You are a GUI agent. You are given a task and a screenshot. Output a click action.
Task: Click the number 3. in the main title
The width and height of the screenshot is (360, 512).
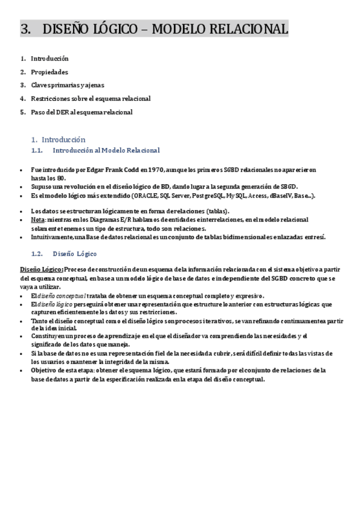(x=25, y=29)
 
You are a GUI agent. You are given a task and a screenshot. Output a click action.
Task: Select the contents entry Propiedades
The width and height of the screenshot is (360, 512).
(x=50, y=72)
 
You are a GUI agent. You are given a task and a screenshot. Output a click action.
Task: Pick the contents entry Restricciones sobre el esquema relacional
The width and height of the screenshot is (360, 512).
(x=91, y=98)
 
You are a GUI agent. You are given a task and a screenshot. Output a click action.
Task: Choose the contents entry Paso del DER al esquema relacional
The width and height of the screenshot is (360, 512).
(x=82, y=112)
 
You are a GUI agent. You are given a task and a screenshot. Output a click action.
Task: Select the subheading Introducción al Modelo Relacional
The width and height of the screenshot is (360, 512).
(x=106, y=150)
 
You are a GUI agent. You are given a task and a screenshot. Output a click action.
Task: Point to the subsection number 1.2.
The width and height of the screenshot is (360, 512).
(x=36, y=254)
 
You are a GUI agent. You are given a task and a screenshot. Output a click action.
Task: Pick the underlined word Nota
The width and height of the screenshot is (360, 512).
(x=37, y=220)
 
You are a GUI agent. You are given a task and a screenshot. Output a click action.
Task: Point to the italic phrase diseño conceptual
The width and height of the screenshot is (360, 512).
(x=62, y=296)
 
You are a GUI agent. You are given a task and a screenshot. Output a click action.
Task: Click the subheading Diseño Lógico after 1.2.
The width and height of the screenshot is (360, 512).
(x=74, y=254)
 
